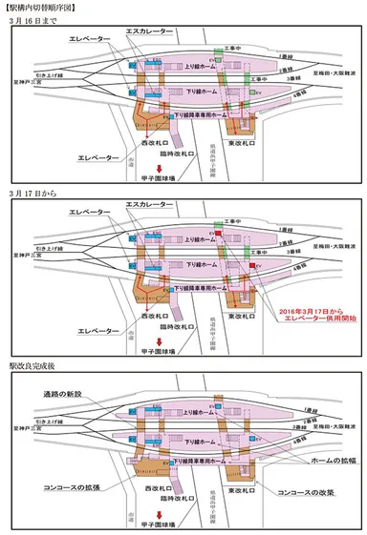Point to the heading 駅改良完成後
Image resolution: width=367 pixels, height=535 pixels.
tap(31, 363)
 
